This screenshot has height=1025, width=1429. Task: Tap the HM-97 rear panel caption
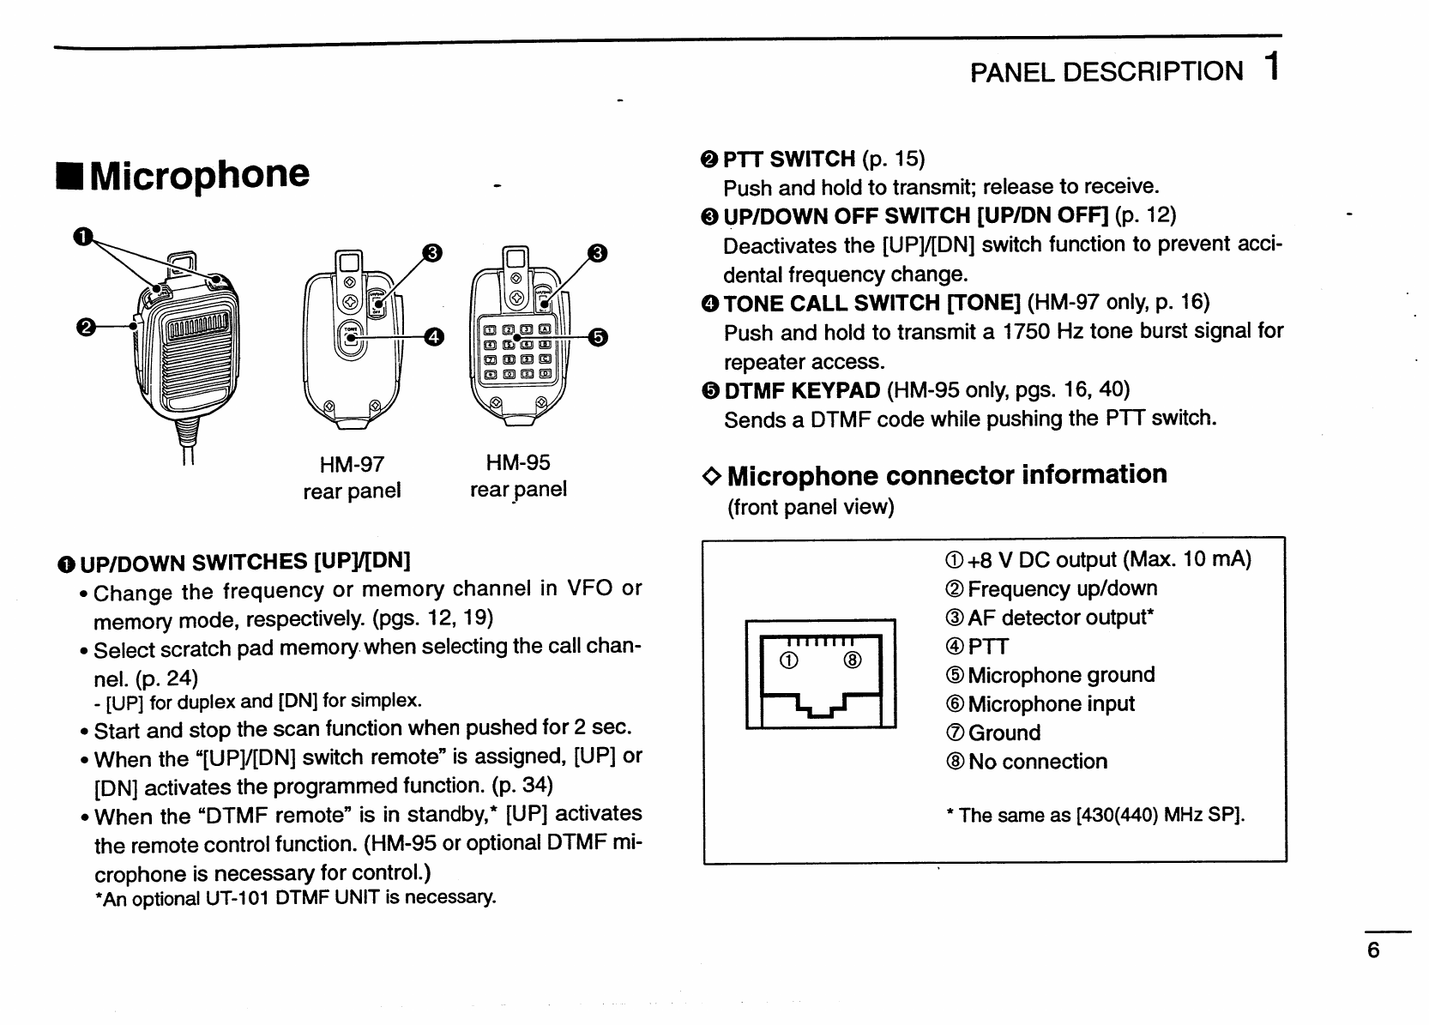tap(352, 478)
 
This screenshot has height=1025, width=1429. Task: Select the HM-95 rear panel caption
tap(518, 476)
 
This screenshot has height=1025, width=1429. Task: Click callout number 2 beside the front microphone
tap(85, 326)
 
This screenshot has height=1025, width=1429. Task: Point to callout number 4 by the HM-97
tap(434, 337)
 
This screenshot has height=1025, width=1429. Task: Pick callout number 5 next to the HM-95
tap(597, 337)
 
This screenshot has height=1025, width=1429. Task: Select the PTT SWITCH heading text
tap(789, 159)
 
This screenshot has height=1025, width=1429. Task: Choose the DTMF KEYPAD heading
tap(802, 391)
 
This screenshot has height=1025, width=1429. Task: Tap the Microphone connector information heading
tap(947, 475)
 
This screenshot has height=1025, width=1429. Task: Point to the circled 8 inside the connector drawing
tap(853, 660)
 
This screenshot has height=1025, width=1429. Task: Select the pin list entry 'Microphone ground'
tap(1061, 675)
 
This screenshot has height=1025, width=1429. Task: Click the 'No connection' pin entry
tap(1037, 762)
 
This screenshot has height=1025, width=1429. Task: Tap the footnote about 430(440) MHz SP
tap(1095, 815)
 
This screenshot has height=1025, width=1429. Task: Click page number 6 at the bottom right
tap(1373, 950)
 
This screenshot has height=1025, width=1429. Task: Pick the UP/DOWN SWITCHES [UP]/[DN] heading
tap(244, 563)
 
